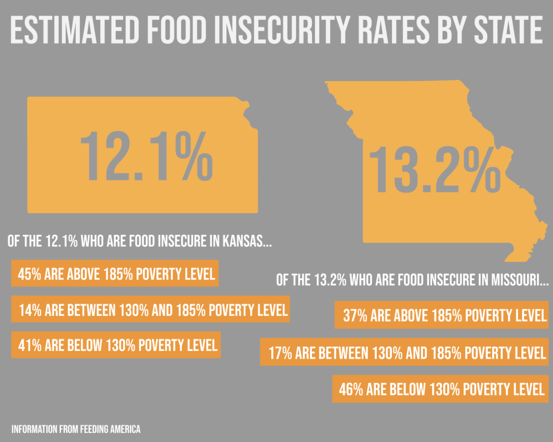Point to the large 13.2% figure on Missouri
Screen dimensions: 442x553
pos(434,169)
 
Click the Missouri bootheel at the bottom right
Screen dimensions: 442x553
pos(517,255)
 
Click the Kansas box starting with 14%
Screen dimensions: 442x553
pos(150,310)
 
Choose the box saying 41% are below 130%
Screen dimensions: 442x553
pos(116,345)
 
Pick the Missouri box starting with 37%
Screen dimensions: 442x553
pos(441,315)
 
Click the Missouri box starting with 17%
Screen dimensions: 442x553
pos(404,352)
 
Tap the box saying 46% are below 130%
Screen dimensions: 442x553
pos(440,389)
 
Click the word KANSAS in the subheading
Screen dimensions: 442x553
pos(246,242)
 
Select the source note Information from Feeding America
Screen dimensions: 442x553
pos(76,429)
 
